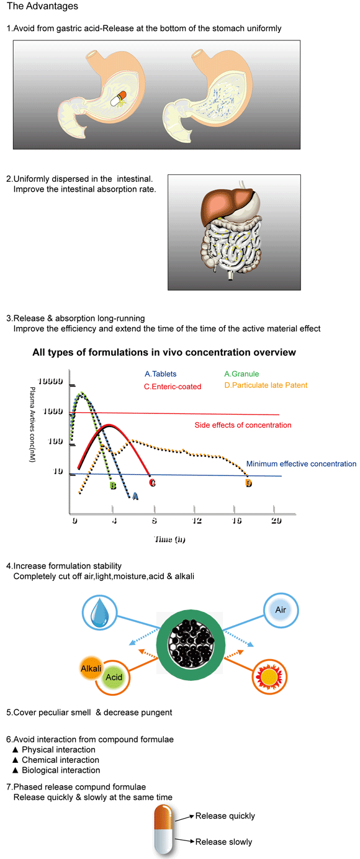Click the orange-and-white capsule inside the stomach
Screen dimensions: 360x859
118,99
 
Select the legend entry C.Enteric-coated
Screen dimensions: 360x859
173,387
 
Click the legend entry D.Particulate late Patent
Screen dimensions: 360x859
266,385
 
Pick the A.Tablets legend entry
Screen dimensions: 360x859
160,374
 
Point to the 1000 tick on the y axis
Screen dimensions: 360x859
53,412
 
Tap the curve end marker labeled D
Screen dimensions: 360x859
248,483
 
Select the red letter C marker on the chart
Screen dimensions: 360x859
152,483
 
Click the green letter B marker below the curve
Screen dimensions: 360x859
113,485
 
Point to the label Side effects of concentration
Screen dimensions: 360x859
243,425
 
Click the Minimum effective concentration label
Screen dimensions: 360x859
301,464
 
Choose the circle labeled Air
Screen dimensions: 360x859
281,609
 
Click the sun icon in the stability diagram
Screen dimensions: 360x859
269,677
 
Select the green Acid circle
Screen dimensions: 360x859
114,677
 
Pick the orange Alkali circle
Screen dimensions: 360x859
91,668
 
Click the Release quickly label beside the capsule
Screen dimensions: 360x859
225,816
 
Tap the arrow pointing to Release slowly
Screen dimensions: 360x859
186,841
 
